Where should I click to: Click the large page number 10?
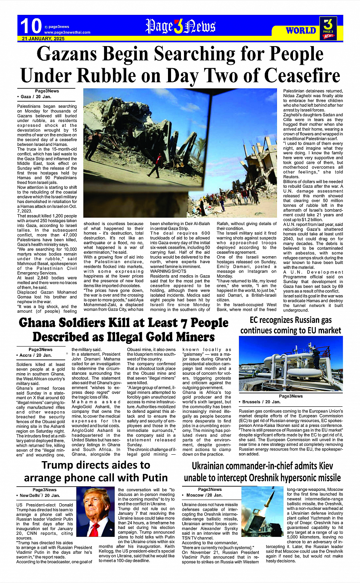pos(30,26)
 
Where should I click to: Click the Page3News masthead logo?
pos(180,27)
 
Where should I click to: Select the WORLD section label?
pos(301,30)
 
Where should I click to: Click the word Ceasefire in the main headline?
pos(302,75)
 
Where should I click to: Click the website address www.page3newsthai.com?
pos(67,32)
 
